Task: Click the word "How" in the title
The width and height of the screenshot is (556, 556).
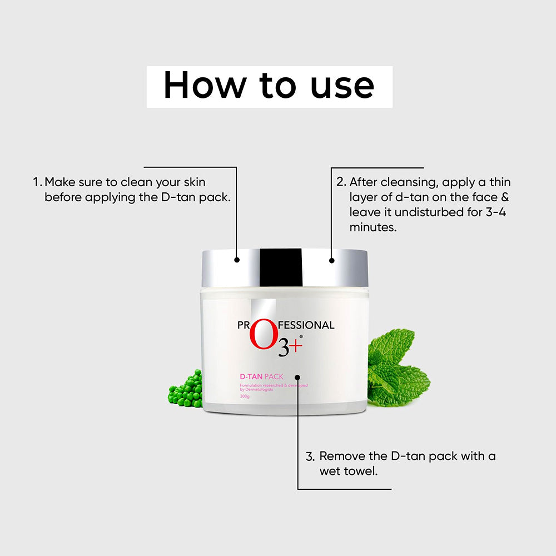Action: point(204,86)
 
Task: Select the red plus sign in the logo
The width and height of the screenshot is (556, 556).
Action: point(296,346)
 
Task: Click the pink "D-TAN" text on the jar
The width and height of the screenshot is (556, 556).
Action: point(251,377)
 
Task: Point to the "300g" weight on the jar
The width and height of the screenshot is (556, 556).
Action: point(245,396)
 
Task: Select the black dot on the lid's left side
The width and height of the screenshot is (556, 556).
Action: point(237,259)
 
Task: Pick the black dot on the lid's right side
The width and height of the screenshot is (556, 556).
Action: point(332,259)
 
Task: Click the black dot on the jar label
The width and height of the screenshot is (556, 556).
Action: point(297,376)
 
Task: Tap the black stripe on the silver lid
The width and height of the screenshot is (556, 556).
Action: point(281,267)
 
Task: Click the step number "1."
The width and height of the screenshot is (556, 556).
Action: point(37,182)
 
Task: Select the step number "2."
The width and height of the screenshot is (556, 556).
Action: point(341,182)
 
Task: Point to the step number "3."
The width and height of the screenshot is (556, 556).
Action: point(310,456)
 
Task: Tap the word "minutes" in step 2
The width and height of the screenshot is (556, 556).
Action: point(373,227)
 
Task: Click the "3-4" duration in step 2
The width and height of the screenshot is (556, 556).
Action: point(499,212)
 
